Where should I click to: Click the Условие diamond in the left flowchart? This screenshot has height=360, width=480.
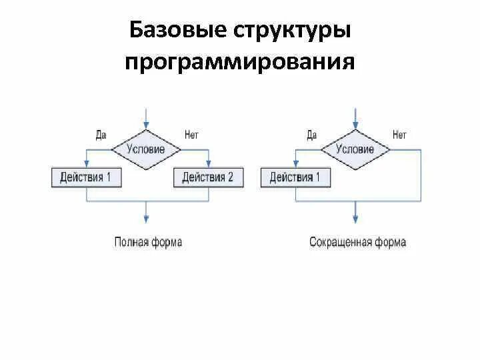[147, 149]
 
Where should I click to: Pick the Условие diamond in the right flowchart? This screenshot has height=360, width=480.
[355, 149]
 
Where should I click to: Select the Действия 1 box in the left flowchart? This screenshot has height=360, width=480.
[86, 177]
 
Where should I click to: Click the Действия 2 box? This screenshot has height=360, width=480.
[208, 177]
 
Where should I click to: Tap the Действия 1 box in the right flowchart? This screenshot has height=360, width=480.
[295, 177]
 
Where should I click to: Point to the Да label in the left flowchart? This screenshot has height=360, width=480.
[101, 135]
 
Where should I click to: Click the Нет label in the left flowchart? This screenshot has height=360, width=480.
[191, 135]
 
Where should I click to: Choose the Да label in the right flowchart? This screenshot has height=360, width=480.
[311, 135]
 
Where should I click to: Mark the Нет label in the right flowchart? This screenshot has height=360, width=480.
[399, 135]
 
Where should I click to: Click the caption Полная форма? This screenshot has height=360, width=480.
[147, 242]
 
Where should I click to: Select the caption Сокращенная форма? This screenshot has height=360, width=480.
[357, 242]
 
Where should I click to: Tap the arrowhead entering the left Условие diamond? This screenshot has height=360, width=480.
[147, 123]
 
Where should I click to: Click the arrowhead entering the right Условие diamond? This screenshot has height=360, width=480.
[355, 123]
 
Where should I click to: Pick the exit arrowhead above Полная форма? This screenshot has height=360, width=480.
[147, 219]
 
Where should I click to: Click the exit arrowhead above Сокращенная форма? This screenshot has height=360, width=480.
[355, 219]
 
